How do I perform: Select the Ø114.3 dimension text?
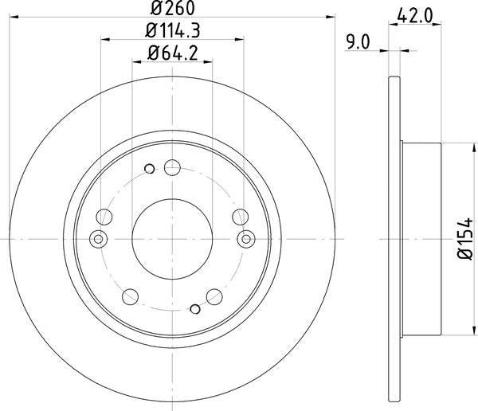click(x=172, y=33)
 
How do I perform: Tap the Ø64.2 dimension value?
click(x=172, y=54)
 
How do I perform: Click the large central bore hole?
click(x=171, y=237)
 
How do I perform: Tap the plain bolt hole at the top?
click(x=171, y=168)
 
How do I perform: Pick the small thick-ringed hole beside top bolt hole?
click(x=149, y=169)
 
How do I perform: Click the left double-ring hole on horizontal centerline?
click(x=99, y=237)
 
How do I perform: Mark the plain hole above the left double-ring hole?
click(x=104, y=216)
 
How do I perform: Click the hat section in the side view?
click(x=420, y=237)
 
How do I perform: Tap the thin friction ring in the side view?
click(x=394, y=237)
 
